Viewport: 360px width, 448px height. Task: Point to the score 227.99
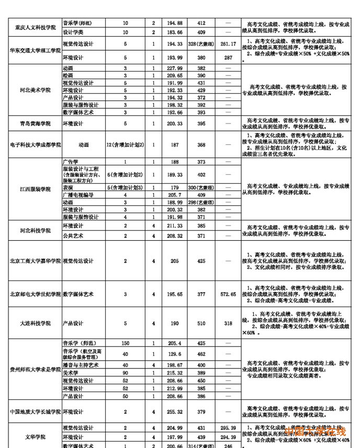point(174,69)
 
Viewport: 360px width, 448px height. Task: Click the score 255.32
point(174,412)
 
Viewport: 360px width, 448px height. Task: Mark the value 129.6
point(174,354)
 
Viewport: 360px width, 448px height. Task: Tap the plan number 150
point(125,343)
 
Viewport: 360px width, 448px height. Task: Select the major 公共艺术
point(73,236)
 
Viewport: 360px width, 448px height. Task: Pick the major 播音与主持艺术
point(81,365)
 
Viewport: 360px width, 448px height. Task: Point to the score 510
point(201,323)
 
